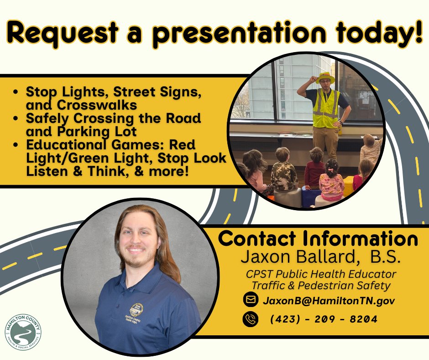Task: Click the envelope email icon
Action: pyautogui.click(x=251, y=300)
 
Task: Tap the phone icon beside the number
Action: pyautogui.click(x=251, y=319)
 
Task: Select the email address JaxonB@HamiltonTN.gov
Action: pyautogui.click(x=328, y=301)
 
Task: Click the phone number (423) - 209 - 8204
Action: pyautogui.click(x=324, y=319)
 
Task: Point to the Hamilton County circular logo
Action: pyautogui.click(x=23, y=332)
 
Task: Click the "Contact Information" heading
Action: pyautogui.click(x=319, y=239)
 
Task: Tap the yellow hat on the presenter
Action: pyautogui.click(x=325, y=77)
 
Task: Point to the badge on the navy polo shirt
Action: pyautogui.click(x=136, y=310)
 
